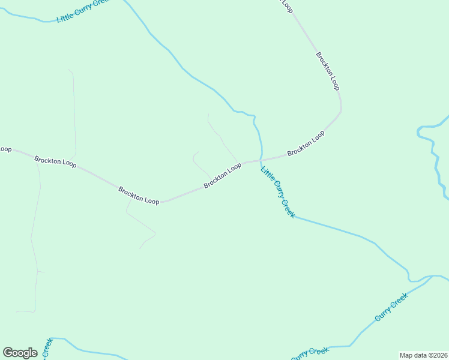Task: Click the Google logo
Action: click(x=20, y=353)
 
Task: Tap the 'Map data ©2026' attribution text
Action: click(x=423, y=355)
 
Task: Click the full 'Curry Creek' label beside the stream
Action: click(x=391, y=307)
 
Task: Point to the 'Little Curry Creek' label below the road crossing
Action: click(x=277, y=192)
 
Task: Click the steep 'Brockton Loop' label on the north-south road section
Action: click(x=328, y=71)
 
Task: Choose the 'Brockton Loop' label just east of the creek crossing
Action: click(x=306, y=143)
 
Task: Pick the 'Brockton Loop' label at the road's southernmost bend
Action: click(x=139, y=196)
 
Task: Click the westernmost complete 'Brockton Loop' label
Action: click(x=55, y=162)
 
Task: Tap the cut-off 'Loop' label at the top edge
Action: click(x=287, y=5)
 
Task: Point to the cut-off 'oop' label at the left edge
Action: click(x=5, y=149)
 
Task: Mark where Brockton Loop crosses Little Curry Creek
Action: click(x=260, y=160)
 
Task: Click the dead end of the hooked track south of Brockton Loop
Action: click(x=140, y=248)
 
